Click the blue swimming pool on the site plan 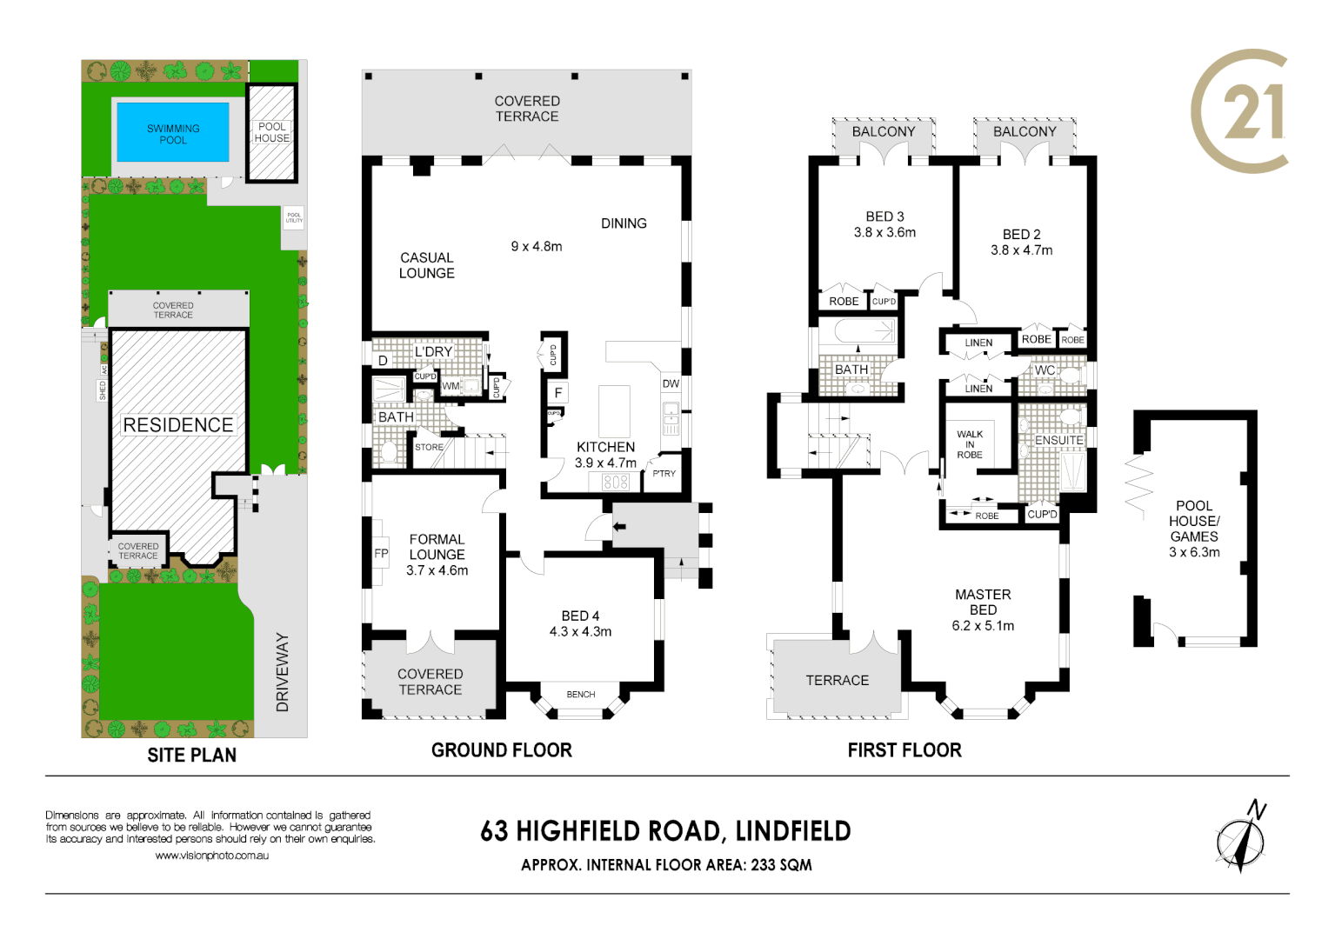(173, 133)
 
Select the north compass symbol (1241, 837)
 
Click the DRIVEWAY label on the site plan (282, 672)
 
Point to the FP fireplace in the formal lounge (381, 553)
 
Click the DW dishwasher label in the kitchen (671, 383)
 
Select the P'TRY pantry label (664, 474)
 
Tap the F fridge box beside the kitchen (558, 393)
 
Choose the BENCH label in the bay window (581, 694)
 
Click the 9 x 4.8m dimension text (537, 246)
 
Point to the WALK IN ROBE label (970, 444)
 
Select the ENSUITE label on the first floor (1058, 440)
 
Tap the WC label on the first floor (1045, 370)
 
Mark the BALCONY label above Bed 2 (1025, 131)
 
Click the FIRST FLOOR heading (904, 750)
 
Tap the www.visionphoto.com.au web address (211, 856)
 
